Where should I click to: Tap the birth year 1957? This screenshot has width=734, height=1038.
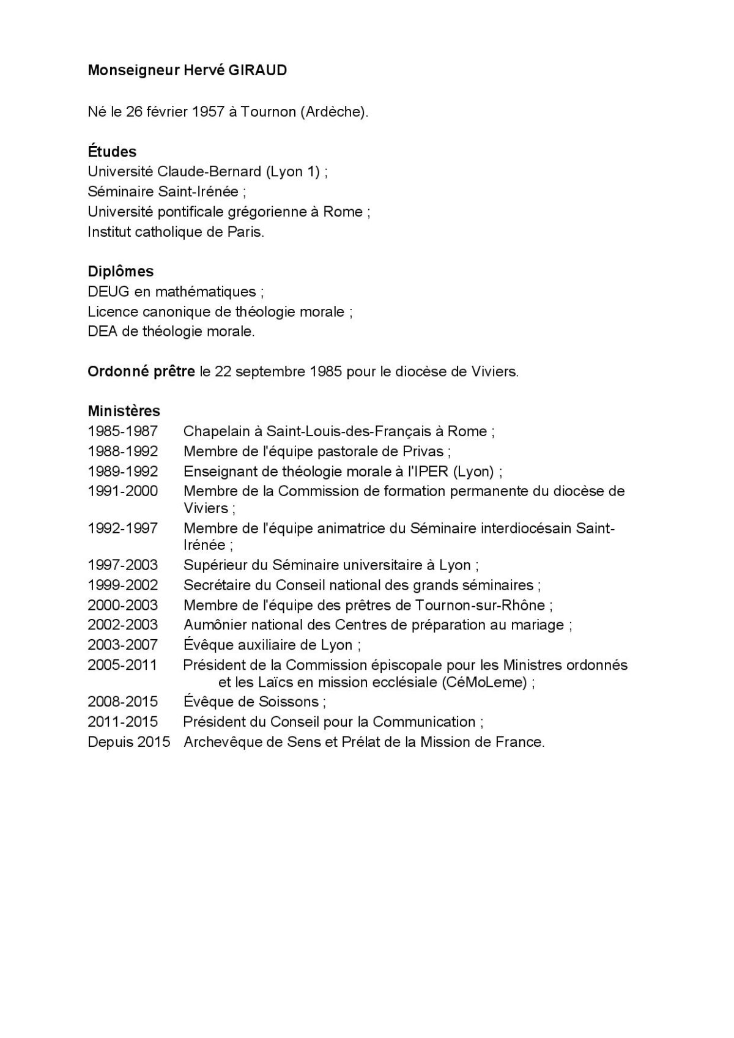coord(207,111)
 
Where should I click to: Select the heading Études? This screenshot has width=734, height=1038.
coord(112,151)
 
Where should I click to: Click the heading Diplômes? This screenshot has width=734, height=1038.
coord(120,271)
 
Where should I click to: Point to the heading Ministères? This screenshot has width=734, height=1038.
coord(124,410)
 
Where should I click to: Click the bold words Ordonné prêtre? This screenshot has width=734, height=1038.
coord(141,371)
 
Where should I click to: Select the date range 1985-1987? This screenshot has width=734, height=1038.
coord(123,431)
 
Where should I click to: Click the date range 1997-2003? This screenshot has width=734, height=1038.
coord(123,565)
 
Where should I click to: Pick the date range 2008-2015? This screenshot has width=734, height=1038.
coord(123,701)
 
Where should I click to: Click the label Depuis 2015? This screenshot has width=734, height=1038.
coord(128,742)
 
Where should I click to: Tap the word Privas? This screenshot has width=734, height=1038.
coord(426,451)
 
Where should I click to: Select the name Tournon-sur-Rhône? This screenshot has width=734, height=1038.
coord(480,605)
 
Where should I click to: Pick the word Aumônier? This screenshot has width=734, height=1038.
coord(213,625)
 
